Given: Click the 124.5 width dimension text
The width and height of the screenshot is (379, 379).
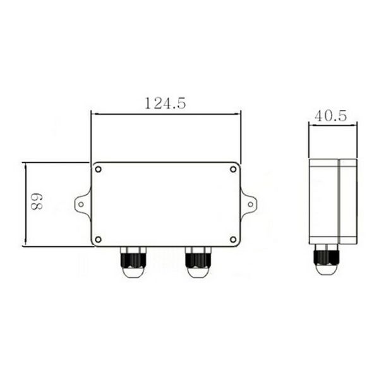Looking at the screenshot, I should pos(165,104).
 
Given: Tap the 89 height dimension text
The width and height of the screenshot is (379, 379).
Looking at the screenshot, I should pos(37,202).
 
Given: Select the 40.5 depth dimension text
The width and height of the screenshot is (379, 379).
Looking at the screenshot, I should pos(330,116).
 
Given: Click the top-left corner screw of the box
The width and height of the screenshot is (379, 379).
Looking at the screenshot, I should pos(99,169).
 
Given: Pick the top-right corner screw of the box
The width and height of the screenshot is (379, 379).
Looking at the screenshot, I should pos(233,169).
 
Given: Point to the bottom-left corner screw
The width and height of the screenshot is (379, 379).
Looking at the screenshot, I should pos(99,239).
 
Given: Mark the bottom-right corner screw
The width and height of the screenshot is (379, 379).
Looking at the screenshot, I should pos(233,239).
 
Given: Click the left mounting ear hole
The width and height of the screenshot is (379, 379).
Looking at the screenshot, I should pos(81,203).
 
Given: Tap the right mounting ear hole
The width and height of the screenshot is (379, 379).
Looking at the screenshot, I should pos(250,203).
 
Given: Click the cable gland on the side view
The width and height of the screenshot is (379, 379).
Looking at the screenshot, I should pos(327,259).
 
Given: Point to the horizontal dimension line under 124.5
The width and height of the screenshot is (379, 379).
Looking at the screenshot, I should pos(165,114).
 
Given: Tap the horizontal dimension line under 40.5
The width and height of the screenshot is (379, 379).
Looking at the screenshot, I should pos(332,124).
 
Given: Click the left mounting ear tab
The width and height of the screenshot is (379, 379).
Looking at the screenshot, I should pos(83,203).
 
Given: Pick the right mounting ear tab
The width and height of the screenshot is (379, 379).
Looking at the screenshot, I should pos(248,203).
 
